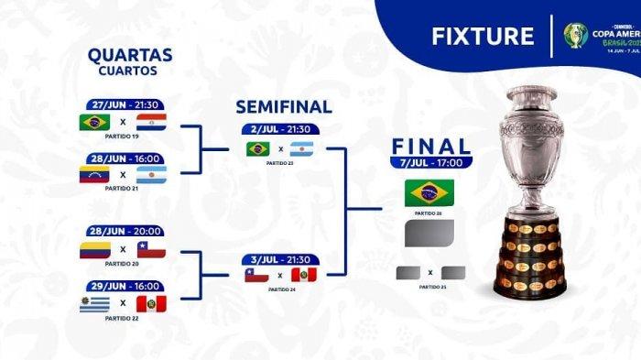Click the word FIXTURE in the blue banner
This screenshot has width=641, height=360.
click(x=483, y=36)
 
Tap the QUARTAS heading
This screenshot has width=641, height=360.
click(x=131, y=55)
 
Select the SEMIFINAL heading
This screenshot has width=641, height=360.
click(x=284, y=107)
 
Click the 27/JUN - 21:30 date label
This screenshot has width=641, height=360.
click(x=124, y=104)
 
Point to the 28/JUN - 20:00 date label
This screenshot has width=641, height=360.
click(x=124, y=231)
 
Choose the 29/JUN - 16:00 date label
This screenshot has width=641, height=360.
click(x=124, y=285)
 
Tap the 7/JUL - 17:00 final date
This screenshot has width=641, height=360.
click(x=431, y=163)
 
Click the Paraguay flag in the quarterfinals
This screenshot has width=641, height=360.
click(x=151, y=122)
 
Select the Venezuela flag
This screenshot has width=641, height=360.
click(x=94, y=174)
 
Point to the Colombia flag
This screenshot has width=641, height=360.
click(x=94, y=249)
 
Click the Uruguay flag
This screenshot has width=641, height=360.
click(x=94, y=303)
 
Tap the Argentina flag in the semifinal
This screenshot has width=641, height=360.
click(x=303, y=148)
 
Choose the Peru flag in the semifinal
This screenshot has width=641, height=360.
click(x=303, y=274)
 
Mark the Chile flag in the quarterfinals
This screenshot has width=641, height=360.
click(x=151, y=249)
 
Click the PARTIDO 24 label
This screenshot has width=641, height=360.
click(x=279, y=288)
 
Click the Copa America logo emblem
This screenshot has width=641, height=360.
click(x=575, y=35)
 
